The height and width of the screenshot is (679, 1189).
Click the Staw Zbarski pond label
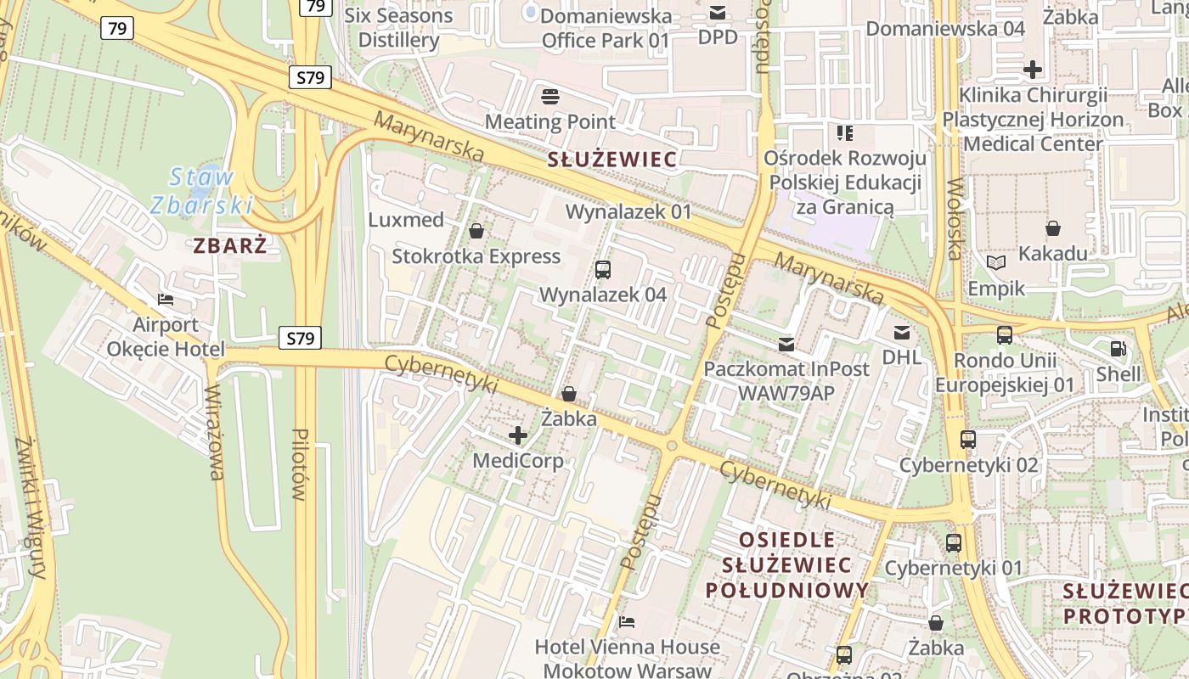[x=202, y=191]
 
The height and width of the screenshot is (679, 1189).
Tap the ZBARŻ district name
[x=229, y=246]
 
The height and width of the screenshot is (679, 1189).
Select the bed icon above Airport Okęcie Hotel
[x=166, y=300]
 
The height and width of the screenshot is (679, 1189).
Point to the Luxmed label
[x=406, y=220]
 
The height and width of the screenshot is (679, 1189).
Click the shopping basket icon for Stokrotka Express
[x=476, y=231]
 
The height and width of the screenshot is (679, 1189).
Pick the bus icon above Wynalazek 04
[x=603, y=270]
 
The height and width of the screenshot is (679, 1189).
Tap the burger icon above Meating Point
[x=550, y=96]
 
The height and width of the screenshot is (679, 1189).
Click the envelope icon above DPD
[x=718, y=13]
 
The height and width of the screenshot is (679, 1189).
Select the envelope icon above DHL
[x=901, y=333]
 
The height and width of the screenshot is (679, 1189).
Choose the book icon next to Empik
[x=996, y=263]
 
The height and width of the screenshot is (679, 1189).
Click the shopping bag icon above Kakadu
[x=1053, y=228]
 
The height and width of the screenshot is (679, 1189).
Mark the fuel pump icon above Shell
[x=1119, y=348]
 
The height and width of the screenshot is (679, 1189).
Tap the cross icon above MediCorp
[x=517, y=436]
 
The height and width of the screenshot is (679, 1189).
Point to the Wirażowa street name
[x=215, y=433]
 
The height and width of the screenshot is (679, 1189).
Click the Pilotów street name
[x=299, y=463]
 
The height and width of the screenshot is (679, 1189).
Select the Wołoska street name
[x=955, y=219]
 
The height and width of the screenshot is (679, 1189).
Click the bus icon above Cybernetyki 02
[x=967, y=440]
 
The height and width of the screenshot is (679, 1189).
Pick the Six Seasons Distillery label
[x=398, y=27]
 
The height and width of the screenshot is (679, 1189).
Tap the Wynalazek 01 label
[x=628, y=211]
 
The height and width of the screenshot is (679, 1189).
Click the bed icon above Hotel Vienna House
[x=627, y=622]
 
